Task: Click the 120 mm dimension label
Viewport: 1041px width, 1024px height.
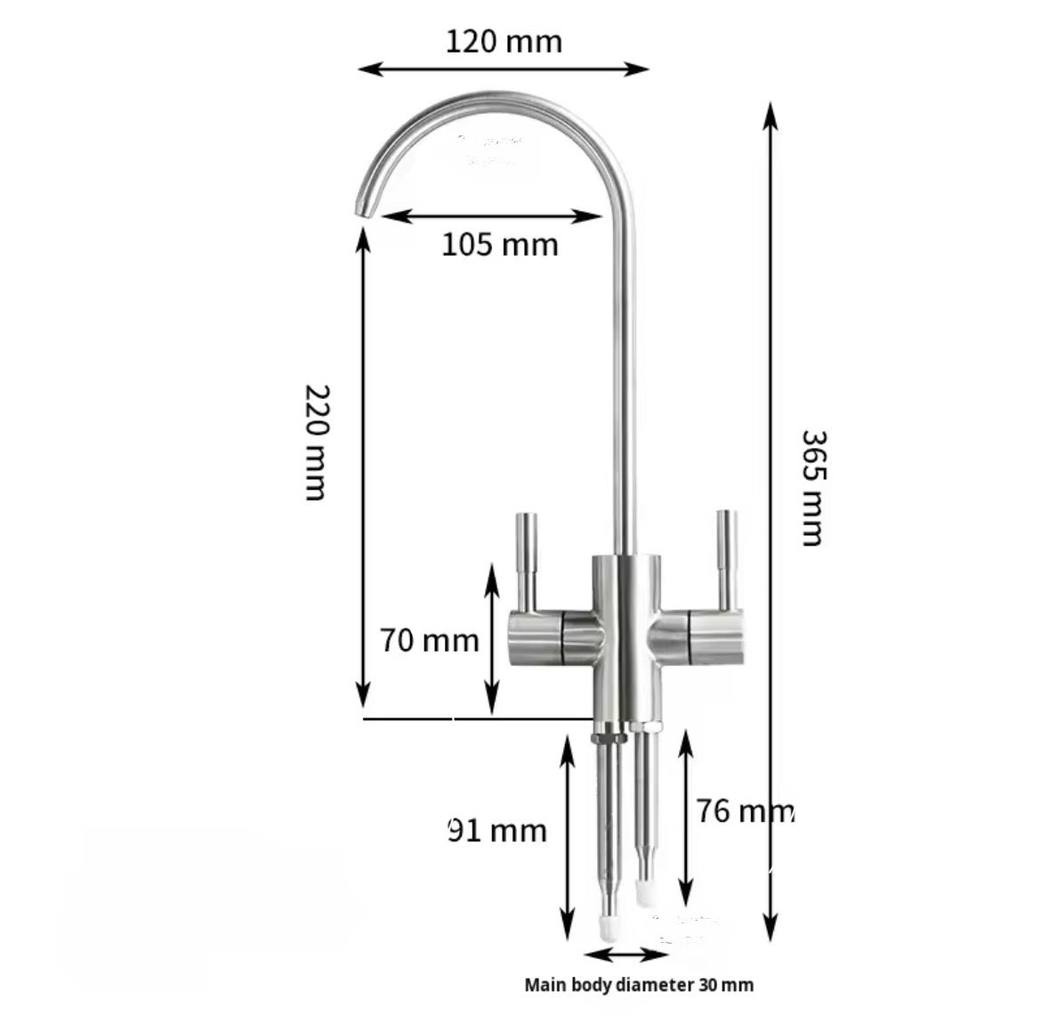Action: (504, 41)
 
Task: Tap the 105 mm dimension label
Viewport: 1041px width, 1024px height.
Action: (500, 244)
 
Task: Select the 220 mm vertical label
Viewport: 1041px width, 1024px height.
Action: (317, 443)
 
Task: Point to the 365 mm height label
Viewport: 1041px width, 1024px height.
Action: (812, 487)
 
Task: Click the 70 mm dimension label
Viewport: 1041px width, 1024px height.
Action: (430, 640)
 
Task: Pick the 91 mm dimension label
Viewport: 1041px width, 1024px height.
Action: (496, 831)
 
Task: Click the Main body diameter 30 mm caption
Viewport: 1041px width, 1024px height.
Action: (639, 985)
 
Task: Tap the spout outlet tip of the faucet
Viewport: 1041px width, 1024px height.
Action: (365, 207)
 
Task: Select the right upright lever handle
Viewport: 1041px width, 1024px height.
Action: (727, 558)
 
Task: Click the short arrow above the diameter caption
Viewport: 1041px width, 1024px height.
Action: (626, 955)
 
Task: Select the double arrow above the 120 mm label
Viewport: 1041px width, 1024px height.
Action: (503, 69)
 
